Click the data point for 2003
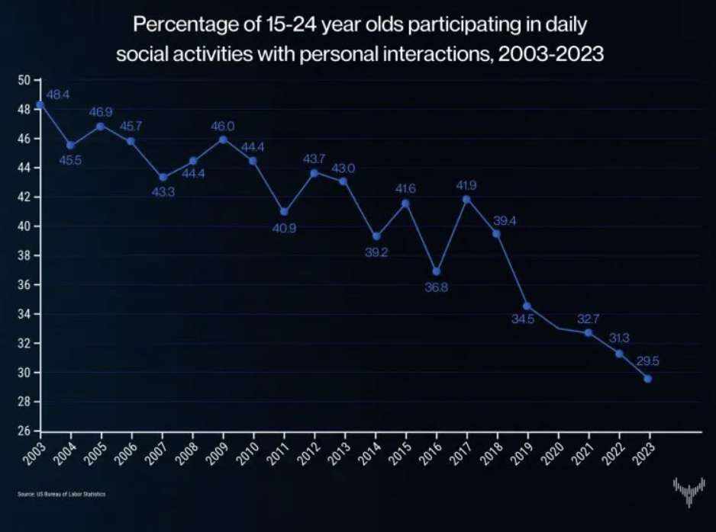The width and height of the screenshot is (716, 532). point(40,104)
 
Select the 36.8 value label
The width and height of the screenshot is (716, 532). point(435,287)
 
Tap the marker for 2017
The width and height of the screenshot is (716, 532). point(466,200)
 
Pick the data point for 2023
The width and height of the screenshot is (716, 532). point(648,378)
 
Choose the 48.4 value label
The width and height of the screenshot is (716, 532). point(59,95)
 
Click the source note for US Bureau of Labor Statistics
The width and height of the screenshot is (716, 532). point(62,495)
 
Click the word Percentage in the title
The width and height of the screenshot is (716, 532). point(178,26)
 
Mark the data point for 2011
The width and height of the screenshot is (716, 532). point(284,212)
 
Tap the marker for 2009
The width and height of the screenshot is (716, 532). point(223,139)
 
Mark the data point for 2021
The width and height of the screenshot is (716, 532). point(588,332)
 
